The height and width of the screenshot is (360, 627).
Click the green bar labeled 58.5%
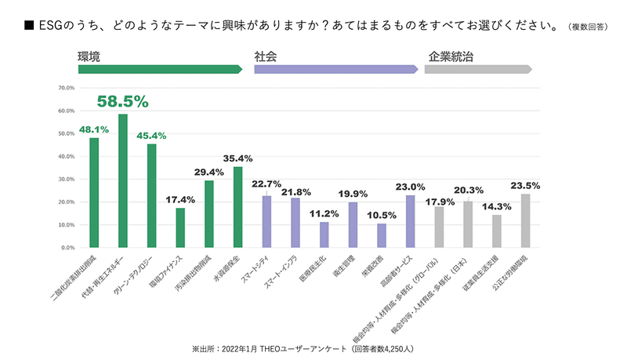click(123, 180)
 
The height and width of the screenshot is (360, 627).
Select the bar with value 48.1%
click(94, 192)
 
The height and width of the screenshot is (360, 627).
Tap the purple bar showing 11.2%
click(324, 235)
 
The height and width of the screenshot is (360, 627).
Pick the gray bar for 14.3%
click(497, 231)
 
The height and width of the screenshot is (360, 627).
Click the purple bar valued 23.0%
click(410, 221)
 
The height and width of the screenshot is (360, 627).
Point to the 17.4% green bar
click(180, 227)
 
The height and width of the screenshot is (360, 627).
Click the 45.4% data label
click(152, 136)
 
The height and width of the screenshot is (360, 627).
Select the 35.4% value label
click(238, 158)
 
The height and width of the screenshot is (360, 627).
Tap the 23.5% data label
click(526, 186)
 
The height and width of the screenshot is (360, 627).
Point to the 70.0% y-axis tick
click(66, 88)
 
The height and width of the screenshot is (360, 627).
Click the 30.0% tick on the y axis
click(66, 179)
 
